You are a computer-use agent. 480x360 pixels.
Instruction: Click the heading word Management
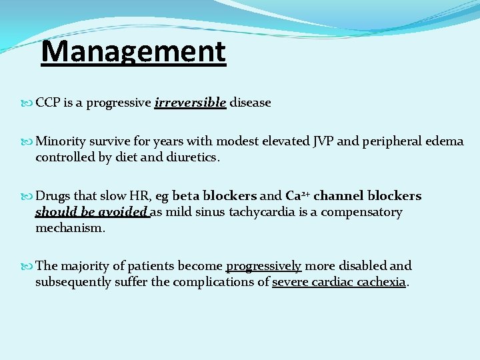tap(133, 51)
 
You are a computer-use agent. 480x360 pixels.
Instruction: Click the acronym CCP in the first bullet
tap(49, 103)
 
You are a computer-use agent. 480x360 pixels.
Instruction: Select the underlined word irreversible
tap(190, 103)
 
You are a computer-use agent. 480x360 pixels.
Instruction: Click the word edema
tap(446, 141)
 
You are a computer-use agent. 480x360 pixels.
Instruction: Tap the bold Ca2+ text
tap(297, 196)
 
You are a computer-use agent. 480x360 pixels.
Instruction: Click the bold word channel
tap(338, 196)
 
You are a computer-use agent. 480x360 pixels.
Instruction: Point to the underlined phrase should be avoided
tap(92, 212)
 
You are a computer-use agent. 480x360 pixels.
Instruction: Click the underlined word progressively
tap(264, 265)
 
